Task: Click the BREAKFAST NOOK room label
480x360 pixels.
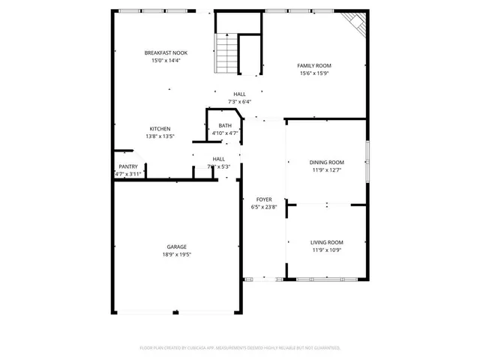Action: (x=166, y=52)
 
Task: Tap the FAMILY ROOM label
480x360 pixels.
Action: (x=315, y=65)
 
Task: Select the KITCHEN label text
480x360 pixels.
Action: (x=160, y=129)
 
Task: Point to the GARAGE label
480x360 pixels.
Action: (x=177, y=247)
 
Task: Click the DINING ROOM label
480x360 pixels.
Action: (x=326, y=163)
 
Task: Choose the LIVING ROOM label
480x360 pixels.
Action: (x=326, y=242)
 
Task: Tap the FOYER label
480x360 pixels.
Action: (x=264, y=199)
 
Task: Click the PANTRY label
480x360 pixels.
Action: (x=128, y=166)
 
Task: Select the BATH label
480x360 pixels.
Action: (x=225, y=126)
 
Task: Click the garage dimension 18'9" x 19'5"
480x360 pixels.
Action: (x=177, y=254)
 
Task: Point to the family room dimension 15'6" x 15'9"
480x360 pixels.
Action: (x=315, y=73)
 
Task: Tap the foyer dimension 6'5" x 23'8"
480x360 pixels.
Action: (x=264, y=207)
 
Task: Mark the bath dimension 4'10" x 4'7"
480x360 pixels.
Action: (x=225, y=133)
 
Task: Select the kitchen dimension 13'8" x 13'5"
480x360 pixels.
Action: (x=160, y=136)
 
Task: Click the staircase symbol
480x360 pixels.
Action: (x=227, y=53)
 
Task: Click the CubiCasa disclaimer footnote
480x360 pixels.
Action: (x=240, y=348)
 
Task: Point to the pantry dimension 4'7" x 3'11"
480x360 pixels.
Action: (x=128, y=174)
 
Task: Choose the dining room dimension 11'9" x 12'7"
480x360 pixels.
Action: (x=326, y=170)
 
